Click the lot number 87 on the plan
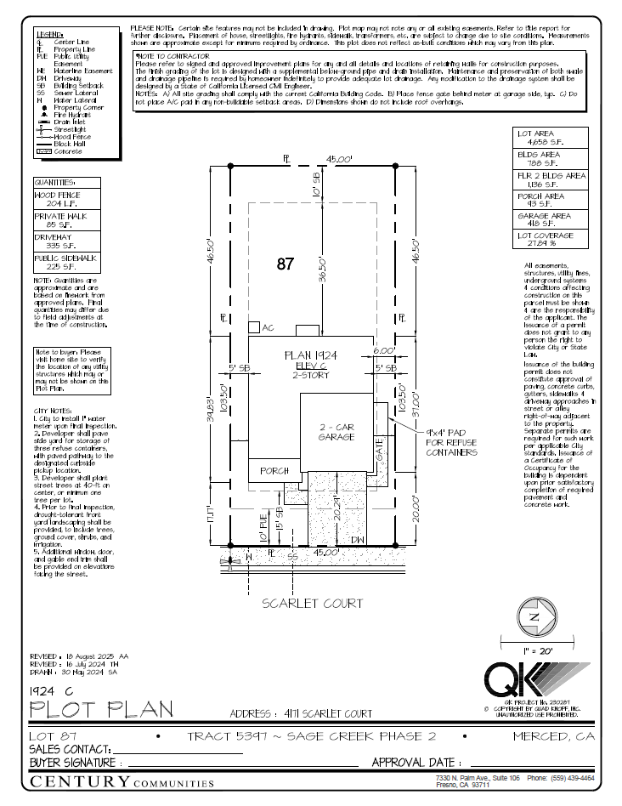click(285, 264)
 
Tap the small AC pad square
click(254, 327)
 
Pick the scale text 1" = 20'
click(534, 649)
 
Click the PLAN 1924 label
click(310, 354)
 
